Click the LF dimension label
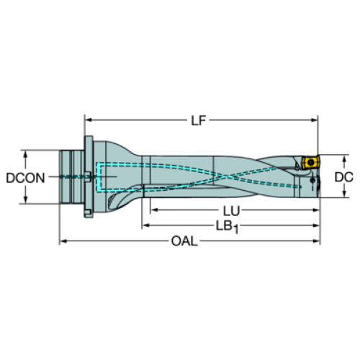tap(198, 120)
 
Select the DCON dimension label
tap(25, 178)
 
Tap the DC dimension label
tap(343, 177)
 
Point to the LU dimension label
tap(231, 211)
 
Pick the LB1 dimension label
tap(227, 227)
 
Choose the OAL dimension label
tap(184, 241)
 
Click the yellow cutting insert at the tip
tap(310, 163)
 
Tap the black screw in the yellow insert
tap(310, 163)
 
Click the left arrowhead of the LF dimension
tap(89, 120)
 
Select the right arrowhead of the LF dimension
tap(315, 120)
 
